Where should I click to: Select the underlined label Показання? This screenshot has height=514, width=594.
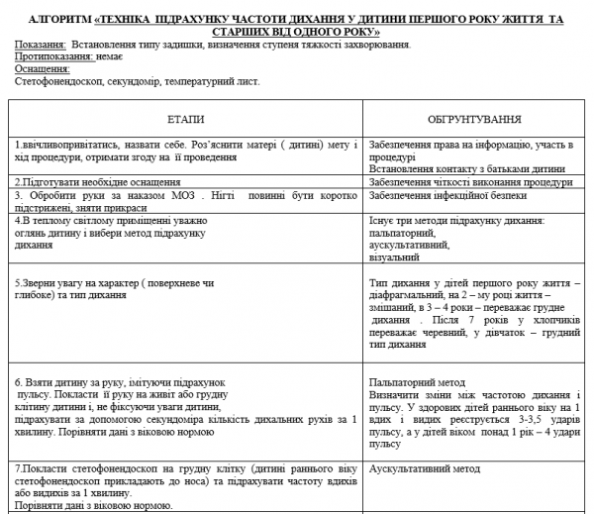[41, 46]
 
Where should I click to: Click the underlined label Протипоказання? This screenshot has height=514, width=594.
[52, 58]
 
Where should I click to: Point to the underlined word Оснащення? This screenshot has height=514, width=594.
[44, 70]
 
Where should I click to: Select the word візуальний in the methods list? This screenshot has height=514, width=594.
[394, 257]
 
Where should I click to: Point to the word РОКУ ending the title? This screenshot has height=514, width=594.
[363, 33]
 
